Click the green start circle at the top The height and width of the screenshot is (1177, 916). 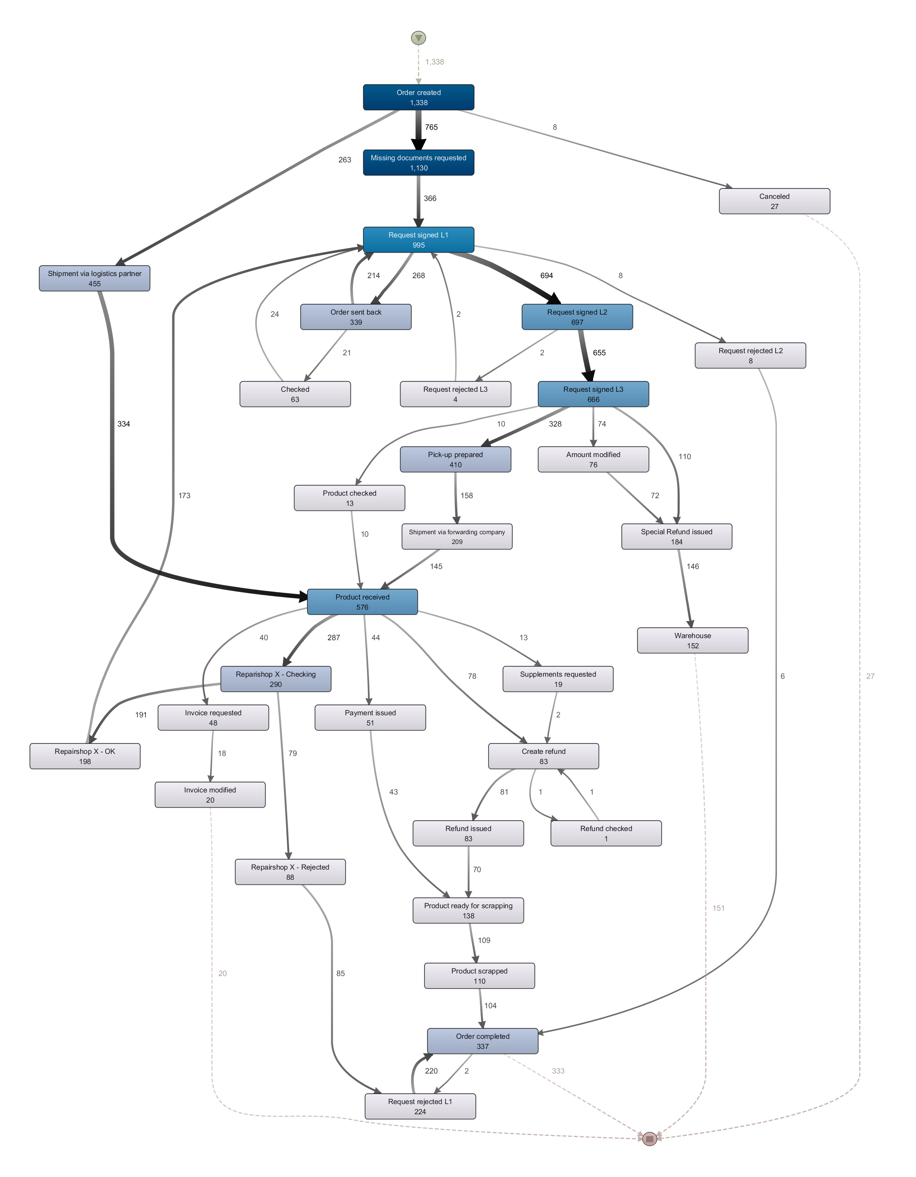click(x=418, y=38)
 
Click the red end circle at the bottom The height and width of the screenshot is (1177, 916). click(x=649, y=1139)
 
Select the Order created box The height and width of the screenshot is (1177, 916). click(x=418, y=98)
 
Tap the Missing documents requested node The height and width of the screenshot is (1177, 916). click(x=418, y=163)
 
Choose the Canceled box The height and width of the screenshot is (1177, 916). click(x=774, y=201)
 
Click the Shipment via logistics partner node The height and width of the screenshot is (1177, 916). click(x=94, y=279)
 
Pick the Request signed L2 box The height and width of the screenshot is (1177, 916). click(x=577, y=317)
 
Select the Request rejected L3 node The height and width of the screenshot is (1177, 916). click(x=455, y=394)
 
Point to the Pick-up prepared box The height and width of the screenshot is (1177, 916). click(x=455, y=460)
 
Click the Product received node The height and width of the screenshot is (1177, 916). click(x=362, y=602)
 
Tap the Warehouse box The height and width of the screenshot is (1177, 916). click(x=692, y=641)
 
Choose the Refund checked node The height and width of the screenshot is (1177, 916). click(x=606, y=833)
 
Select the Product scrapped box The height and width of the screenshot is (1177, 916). click(x=479, y=976)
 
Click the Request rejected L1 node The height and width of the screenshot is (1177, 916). click(x=420, y=1106)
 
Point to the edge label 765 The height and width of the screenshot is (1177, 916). click(x=431, y=127)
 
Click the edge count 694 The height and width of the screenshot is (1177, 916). click(x=547, y=276)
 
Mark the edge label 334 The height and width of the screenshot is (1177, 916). click(x=123, y=424)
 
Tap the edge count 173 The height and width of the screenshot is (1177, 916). click(x=185, y=495)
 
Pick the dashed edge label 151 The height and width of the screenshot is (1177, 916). click(x=719, y=908)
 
